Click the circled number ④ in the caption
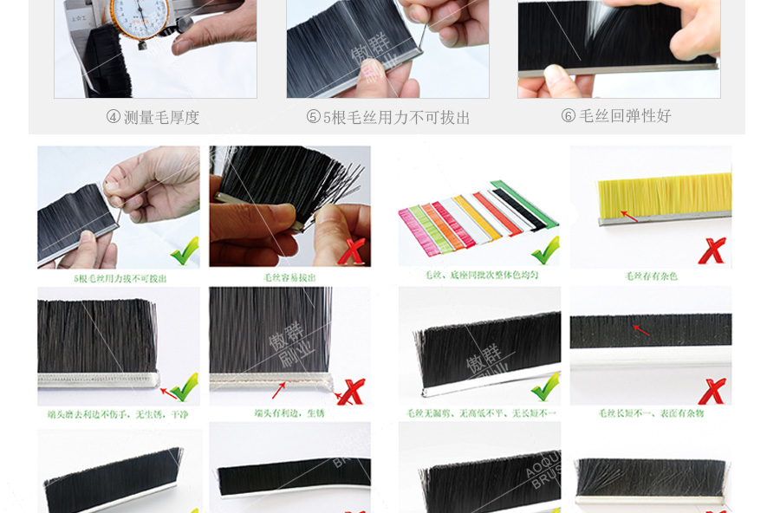tap(114, 117)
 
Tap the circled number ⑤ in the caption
tap(314, 117)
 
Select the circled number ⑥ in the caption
tap(569, 116)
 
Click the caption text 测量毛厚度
tap(162, 117)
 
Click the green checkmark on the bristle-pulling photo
tap(183, 250)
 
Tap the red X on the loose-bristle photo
tap(351, 251)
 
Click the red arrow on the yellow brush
tap(629, 215)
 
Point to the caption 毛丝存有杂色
tap(652, 276)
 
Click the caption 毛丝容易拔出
tap(289, 277)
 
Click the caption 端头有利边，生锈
tap(289, 413)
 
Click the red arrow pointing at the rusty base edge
tap(278, 390)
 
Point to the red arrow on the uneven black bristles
tap(641, 329)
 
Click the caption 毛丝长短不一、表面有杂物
tap(651, 413)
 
